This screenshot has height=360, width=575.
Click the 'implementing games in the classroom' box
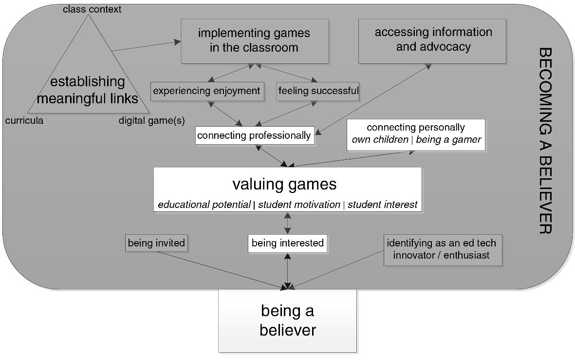click(254, 41)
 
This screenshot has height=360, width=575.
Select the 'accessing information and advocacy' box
click(432, 41)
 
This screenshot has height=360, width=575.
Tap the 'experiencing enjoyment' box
click(207, 91)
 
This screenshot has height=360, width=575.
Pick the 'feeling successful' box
click(318, 91)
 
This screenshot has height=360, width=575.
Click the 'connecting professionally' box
click(254, 135)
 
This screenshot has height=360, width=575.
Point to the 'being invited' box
click(156, 243)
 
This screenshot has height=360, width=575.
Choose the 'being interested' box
click(288, 243)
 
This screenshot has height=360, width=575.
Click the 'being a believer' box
click(287, 321)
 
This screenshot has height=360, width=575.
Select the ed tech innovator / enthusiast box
click(442, 249)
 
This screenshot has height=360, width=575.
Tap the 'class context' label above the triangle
click(92, 9)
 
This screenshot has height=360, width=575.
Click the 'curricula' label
click(24, 121)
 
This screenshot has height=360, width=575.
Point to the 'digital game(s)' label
click(151, 121)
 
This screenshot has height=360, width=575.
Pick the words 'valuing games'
click(284, 184)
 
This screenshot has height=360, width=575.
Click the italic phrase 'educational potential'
click(204, 205)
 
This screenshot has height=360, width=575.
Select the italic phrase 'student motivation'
click(299, 205)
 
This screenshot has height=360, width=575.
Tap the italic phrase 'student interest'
click(382, 205)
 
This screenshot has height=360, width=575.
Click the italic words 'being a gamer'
click(448, 140)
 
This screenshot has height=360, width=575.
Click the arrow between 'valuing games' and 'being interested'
click(288, 224)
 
